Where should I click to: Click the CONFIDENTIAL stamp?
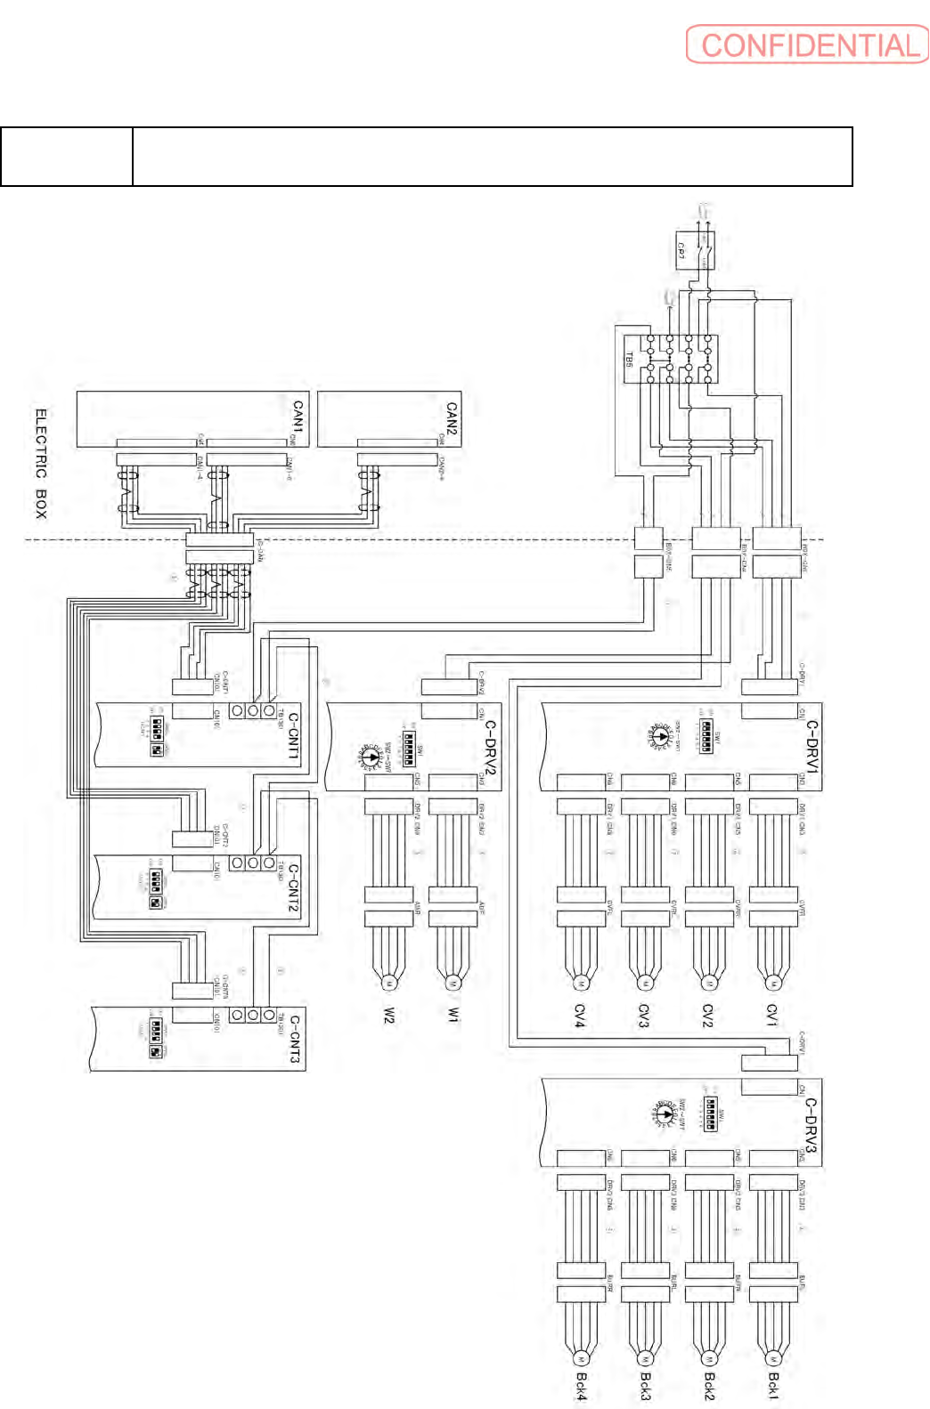(x=807, y=45)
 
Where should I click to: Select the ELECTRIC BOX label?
(x=40, y=463)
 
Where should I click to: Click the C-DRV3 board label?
(x=811, y=1124)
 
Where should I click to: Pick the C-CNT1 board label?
(x=294, y=734)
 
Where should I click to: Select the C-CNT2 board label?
(x=294, y=887)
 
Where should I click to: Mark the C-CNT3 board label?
(x=295, y=1039)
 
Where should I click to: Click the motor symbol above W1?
(x=453, y=984)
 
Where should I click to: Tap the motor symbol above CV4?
(x=580, y=984)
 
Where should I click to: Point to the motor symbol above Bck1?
(x=773, y=1359)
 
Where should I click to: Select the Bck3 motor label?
(x=646, y=1386)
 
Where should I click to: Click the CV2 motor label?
(x=708, y=1016)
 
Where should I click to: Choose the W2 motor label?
(x=389, y=1016)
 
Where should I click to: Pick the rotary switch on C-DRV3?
(x=665, y=1113)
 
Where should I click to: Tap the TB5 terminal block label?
(x=629, y=360)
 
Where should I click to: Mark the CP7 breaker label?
(x=681, y=250)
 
